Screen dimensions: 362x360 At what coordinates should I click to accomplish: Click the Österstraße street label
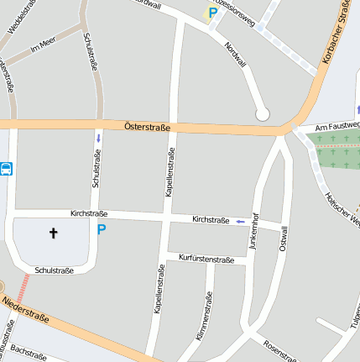[147, 127]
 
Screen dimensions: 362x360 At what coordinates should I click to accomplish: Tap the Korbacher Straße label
[336, 36]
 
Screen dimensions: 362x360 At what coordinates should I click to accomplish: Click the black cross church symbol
[55, 233]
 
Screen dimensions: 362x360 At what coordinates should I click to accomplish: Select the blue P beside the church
[102, 229]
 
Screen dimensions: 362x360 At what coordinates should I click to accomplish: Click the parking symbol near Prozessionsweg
[212, 13]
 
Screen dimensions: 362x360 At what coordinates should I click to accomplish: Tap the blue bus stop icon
[6, 169]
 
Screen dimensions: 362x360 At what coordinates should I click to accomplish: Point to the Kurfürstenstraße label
[206, 260]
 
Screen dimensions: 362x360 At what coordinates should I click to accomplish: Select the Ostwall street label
[284, 239]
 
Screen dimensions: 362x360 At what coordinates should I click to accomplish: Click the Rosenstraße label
[279, 351]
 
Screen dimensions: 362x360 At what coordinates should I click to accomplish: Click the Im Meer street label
[42, 47]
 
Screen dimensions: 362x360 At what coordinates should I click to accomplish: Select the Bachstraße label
[28, 352]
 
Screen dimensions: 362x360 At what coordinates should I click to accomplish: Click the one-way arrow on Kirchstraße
[241, 221]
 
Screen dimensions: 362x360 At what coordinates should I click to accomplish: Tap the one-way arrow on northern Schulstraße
[99, 137]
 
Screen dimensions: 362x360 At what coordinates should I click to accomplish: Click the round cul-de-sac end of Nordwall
[262, 113]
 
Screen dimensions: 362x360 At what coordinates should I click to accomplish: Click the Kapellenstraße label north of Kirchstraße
[170, 172]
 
